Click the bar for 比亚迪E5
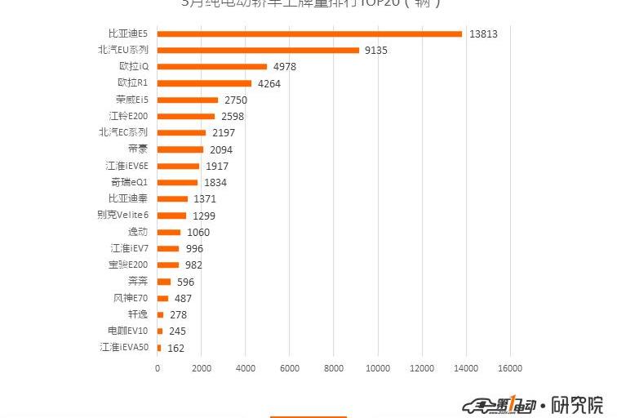(x=309, y=33)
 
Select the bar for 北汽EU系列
(x=258, y=50)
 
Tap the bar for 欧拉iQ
(x=212, y=67)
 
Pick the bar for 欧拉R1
(x=204, y=83)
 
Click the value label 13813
(x=483, y=34)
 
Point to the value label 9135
(x=376, y=51)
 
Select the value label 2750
(x=235, y=100)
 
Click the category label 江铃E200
(x=128, y=116)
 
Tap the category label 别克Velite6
(x=122, y=215)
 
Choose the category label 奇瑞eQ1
(x=129, y=182)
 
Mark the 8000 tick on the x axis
(x=333, y=369)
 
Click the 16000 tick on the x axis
(x=510, y=369)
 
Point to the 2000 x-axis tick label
(x=201, y=369)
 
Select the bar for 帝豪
(x=180, y=149)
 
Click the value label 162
(x=175, y=348)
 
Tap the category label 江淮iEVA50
(x=124, y=347)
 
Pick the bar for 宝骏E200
(x=168, y=265)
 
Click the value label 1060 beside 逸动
(x=198, y=233)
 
